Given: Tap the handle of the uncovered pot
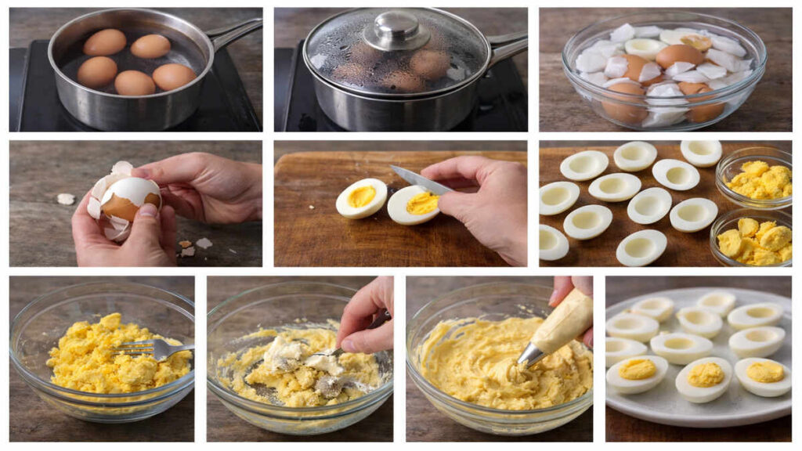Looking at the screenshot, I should tap(235, 32).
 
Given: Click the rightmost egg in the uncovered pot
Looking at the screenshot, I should tap(174, 77).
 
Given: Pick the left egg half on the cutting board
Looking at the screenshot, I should tap(361, 198).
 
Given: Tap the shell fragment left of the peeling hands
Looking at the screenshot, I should tap(66, 199).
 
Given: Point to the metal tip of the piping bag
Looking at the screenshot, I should tap(530, 355).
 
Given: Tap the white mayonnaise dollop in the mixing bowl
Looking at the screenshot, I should tap(284, 352).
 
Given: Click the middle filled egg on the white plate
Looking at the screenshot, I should tap(704, 377).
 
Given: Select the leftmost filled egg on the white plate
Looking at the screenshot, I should tap(637, 371).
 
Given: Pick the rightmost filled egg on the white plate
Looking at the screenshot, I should tap(763, 374).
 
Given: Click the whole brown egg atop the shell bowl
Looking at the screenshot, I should tap(678, 56).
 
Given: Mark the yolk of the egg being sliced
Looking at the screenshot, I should tap(422, 204).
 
